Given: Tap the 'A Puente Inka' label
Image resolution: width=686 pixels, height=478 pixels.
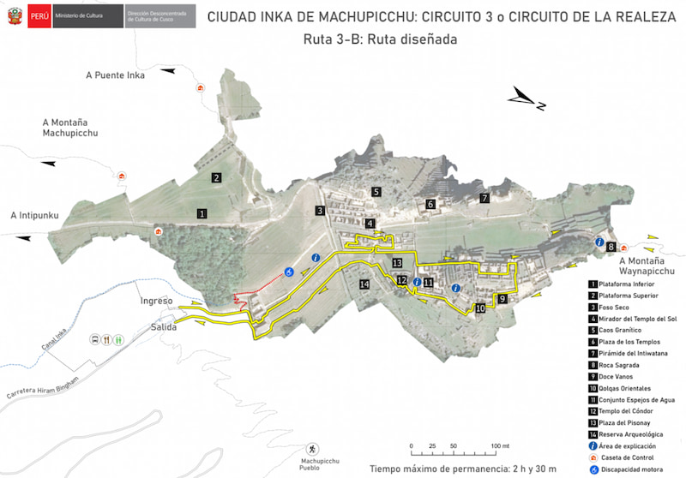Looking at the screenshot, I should point(116,75).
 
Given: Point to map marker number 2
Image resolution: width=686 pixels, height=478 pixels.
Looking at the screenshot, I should point(218,177).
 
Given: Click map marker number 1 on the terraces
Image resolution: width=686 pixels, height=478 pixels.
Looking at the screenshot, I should point(202,212).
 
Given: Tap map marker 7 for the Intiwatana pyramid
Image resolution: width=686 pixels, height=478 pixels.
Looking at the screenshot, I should point(484,198).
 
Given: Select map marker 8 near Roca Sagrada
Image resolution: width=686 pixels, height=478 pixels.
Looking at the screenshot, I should point(611,247).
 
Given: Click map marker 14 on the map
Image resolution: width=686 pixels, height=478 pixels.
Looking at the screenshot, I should point(364,284).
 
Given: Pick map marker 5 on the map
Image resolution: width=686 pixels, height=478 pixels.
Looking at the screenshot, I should point(376,192).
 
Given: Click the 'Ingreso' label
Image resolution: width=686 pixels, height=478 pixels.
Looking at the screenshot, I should point(157,302).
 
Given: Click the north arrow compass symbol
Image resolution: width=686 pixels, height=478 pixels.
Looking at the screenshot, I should point(527,99).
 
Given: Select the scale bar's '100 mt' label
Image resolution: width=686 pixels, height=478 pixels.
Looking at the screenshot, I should point(500,446).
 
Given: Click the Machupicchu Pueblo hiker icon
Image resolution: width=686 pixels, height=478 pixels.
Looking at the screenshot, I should point(312,449).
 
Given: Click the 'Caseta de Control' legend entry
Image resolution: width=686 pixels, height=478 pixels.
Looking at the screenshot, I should point(635,457).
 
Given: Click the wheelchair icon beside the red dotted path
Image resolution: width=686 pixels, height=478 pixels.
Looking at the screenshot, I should point(289,272).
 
